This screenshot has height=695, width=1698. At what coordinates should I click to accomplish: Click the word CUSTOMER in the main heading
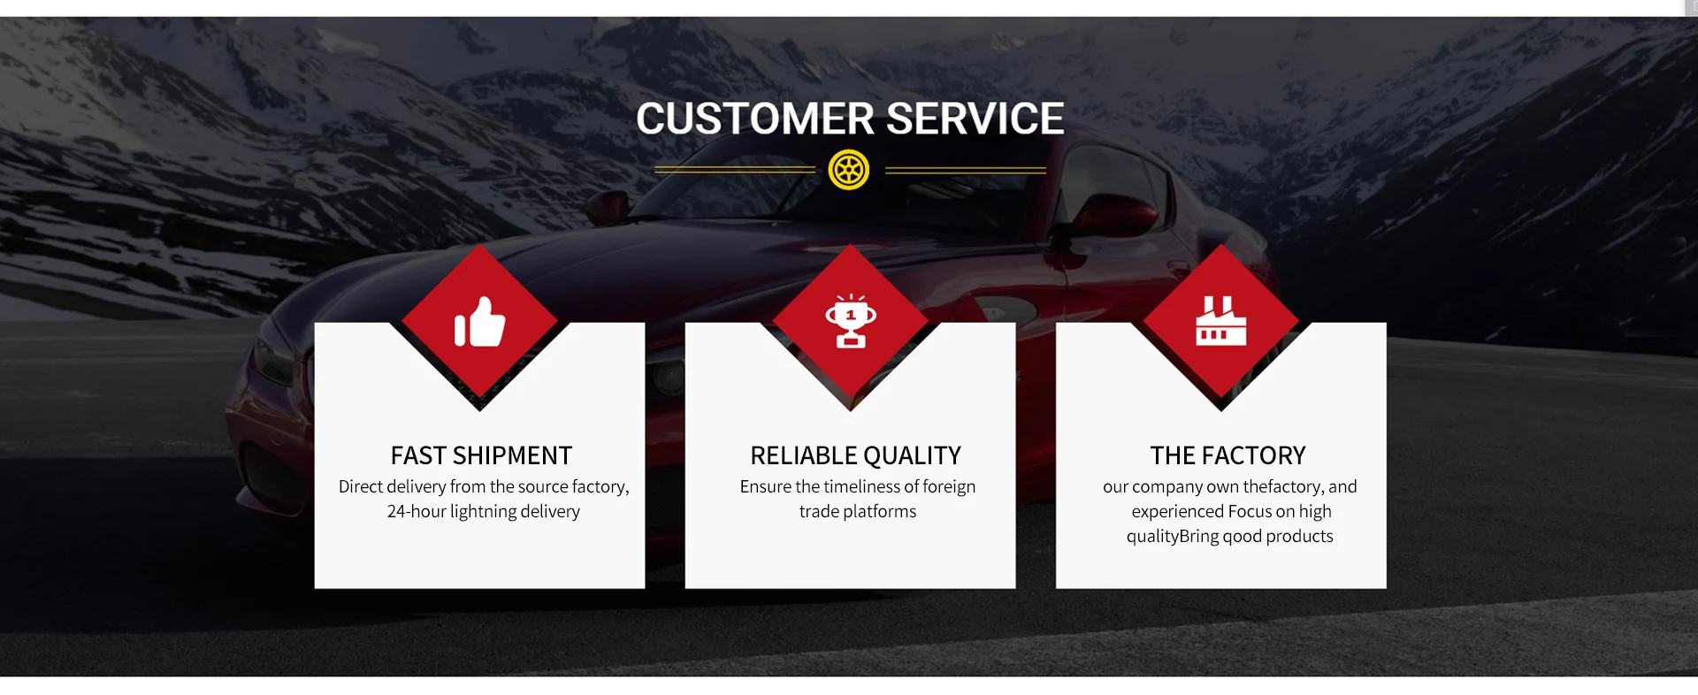(755, 118)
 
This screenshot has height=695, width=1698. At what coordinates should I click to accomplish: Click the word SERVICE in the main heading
(975, 118)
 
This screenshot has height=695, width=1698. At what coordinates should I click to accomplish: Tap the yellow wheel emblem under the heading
(849, 170)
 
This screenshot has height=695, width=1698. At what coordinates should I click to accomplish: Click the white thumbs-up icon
(479, 322)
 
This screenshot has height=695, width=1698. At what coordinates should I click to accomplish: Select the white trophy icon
(851, 321)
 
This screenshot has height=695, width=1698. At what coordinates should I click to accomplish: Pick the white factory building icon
(1221, 320)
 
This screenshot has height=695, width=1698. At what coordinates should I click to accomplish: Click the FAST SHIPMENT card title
(481, 455)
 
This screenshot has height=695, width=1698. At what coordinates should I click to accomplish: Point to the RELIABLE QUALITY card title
(855, 455)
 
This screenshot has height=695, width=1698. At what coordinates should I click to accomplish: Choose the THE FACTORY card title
(1228, 455)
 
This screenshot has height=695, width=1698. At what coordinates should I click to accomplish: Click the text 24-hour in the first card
(417, 511)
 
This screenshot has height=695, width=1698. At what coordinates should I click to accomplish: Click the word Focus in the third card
(1250, 511)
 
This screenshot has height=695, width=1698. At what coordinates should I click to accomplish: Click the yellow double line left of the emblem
(735, 170)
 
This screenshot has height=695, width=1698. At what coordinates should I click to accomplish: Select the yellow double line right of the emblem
(966, 170)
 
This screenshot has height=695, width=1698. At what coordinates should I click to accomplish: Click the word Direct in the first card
(361, 486)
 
